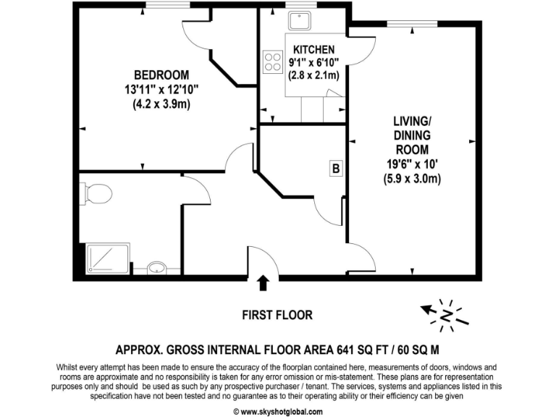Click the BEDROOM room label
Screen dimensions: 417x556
click(x=161, y=75)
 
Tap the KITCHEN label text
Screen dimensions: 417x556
click(x=313, y=49)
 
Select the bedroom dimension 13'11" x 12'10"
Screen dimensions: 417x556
click(x=161, y=89)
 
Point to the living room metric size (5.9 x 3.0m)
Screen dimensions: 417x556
click(x=412, y=178)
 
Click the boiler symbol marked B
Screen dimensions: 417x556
click(x=335, y=169)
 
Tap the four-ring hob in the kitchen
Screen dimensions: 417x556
click(x=273, y=61)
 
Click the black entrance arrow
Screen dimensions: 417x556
click(x=264, y=283)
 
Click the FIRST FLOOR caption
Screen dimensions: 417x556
click(x=278, y=315)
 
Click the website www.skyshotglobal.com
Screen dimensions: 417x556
click(x=278, y=411)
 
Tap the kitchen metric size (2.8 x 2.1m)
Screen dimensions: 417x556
click(x=311, y=75)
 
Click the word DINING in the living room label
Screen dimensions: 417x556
click(x=412, y=136)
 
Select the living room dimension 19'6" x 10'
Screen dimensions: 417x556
click(x=412, y=164)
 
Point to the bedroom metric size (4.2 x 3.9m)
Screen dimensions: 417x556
click(x=161, y=104)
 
